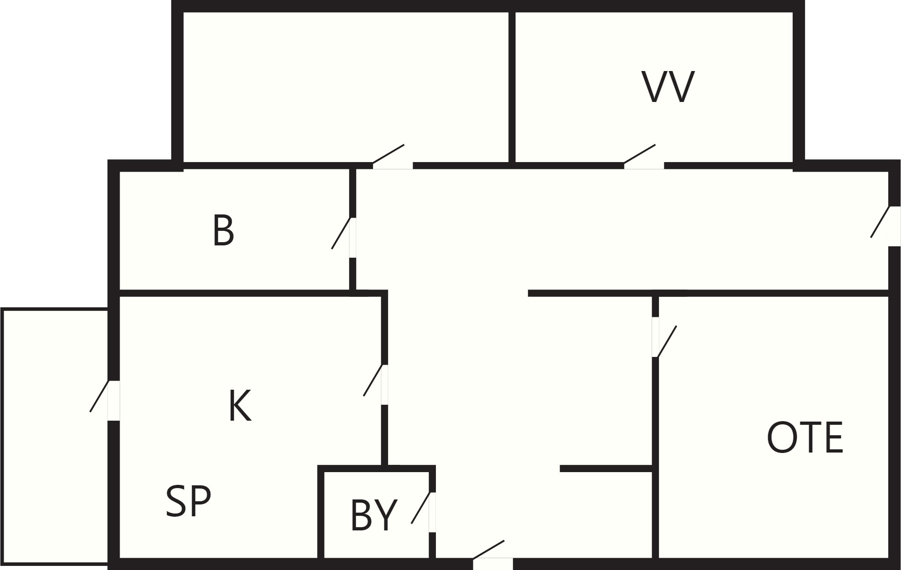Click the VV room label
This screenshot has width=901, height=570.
[x=668, y=87]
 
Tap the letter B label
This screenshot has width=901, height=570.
[x=223, y=231]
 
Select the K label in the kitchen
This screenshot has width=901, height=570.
[x=239, y=406]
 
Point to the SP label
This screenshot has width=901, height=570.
[x=188, y=501]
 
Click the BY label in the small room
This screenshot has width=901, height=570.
[x=374, y=515]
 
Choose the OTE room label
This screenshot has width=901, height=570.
[x=805, y=438]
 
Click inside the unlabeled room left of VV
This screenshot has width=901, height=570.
[x=346, y=87]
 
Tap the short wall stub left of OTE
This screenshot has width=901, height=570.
[x=606, y=468]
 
